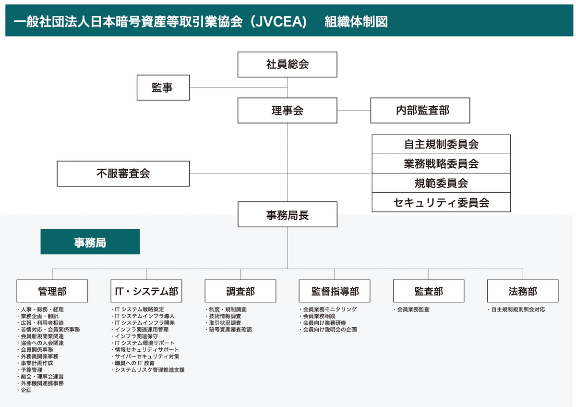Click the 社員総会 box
tap(287, 64)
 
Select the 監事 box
tap(163, 87)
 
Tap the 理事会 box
tap(287, 111)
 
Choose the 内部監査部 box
tap(420, 111)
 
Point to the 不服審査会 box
tap(123, 173)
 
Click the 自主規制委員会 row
tap(441, 144)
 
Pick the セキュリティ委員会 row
tap(441, 202)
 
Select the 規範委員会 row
tap(441, 183)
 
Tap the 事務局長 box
tap(287, 214)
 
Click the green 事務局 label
tap(90, 242)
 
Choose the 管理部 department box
tap(52, 291)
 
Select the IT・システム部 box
tap(146, 291)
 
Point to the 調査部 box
tap(240, 291)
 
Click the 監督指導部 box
tap(335, 291)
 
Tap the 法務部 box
tap(523, 291)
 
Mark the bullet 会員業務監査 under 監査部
tap(413, 309)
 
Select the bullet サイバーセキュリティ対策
tap(147, 357)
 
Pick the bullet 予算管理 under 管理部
tap(32, 370)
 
